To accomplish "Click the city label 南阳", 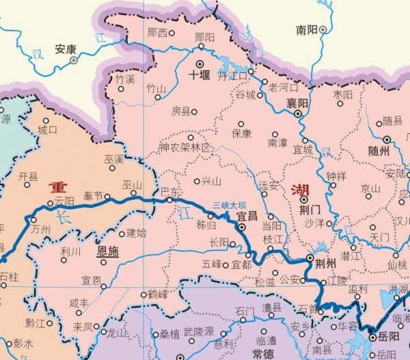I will point(306,30).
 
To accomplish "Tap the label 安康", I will point(66,49).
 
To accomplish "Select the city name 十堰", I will point(199,77).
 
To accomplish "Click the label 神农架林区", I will point(185,148).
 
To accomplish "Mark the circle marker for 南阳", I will point(322,29).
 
